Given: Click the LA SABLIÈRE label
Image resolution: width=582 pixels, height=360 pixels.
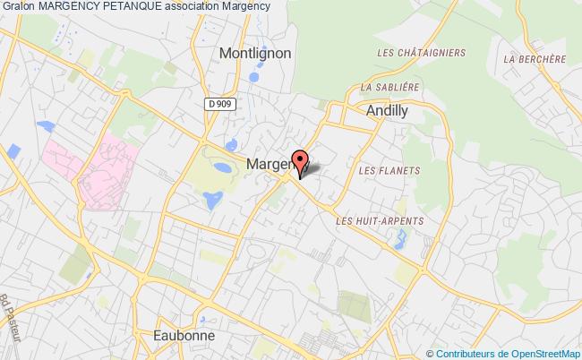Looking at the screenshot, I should pos(389,88).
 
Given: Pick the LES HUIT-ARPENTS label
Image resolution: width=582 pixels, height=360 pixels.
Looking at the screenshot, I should pos(379,219).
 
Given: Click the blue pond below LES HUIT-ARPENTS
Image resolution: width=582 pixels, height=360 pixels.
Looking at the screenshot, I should pos(399,239).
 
